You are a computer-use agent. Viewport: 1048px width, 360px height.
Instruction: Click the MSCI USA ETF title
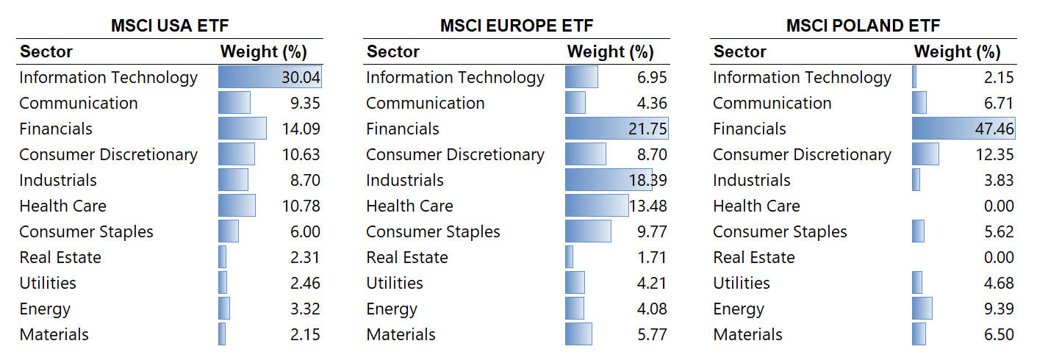pyautogui.click(x=170, y=26)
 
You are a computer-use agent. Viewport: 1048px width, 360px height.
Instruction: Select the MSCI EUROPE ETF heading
pyautogui.click(x=517, y=26)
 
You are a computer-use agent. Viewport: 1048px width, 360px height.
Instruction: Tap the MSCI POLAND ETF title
pyautogui.click(x=864, y=26)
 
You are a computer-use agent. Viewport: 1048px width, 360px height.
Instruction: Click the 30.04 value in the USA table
pyautogui.click(x=301, y=78)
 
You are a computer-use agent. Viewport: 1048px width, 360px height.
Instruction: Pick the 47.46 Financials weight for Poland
pyautogui.click(x=994, y=129)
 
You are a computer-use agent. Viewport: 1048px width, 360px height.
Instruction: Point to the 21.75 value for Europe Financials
pyautogui.click(x=647, y=129)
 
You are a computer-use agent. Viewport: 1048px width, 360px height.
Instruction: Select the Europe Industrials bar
pyautogui.click(x=608, y=180)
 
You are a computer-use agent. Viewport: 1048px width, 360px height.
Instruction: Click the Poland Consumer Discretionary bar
pyautogui.click(x=925, y=154)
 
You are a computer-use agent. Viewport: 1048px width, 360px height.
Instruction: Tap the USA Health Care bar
pyautogui.click(x=237, y=206)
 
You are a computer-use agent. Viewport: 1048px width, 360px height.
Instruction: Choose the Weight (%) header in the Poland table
pyautogui.click(x=957, y=52)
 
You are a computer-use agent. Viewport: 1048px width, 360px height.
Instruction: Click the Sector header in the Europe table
pyautogui.click(x=393, y=52)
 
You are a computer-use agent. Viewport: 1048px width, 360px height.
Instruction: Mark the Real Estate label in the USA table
pyautogui.click(x=60, y=258)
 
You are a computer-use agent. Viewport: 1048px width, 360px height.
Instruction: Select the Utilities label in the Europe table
pyautogui.click(x=395, y=284)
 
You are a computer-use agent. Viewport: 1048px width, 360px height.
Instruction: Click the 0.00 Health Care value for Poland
pyautogui.click(x=999, y=206)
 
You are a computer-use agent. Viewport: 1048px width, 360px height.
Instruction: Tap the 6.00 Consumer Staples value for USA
pyautogui.click(x=305, y=232)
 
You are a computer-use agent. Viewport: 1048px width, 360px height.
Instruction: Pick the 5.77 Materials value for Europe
pyautogui.click(x=652, y=335)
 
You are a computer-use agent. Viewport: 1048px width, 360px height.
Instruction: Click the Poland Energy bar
pyautogui.click(x=922, y=309)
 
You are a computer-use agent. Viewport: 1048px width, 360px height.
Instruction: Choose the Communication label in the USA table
pyautogui.click(x=79, y=104)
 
